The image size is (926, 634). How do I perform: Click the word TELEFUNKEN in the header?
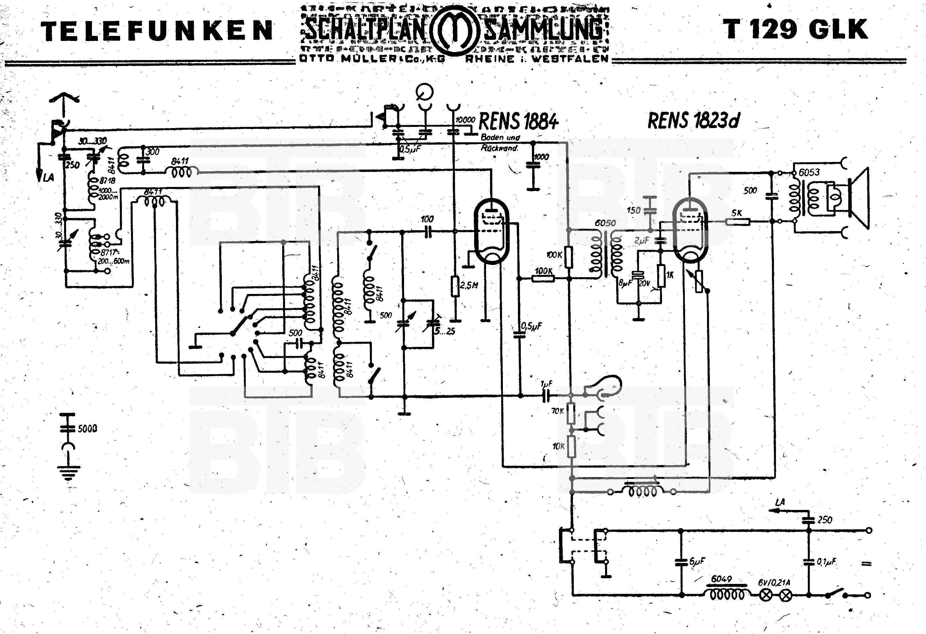157,31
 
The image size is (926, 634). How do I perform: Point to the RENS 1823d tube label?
693,120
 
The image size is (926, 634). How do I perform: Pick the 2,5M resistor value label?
469,285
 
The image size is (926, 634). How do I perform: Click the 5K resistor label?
737,213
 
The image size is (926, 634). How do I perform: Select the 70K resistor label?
558,411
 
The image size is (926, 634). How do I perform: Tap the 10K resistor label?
558,446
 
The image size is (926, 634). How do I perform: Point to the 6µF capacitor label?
697,561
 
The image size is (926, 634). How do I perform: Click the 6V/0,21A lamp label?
774,582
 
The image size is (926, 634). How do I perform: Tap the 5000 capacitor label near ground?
87,429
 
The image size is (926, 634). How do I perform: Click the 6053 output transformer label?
809,172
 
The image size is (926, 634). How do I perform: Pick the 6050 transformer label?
605,223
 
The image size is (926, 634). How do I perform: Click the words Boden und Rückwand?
500,143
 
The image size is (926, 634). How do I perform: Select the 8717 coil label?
109,252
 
